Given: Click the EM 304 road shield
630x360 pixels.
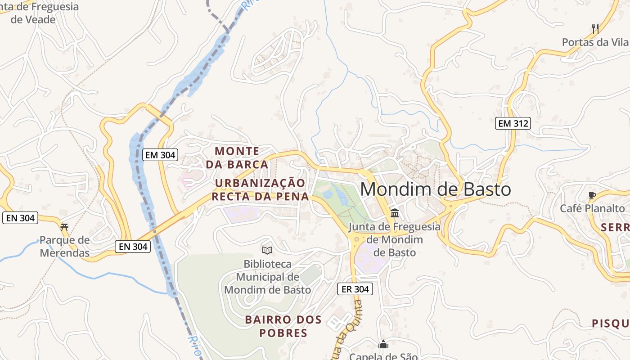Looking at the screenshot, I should (161, 155).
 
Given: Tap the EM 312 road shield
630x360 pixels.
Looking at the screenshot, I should (513, 123).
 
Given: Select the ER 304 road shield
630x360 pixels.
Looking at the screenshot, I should (355, 289).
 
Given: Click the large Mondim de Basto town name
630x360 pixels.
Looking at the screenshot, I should (435, 189).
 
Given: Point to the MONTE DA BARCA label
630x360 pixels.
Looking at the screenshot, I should (237, 157).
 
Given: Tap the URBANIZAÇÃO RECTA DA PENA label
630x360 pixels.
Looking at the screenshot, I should (260, 189).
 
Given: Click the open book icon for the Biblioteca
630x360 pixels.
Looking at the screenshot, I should (267, 250).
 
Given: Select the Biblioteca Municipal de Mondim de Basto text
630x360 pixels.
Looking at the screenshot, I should (267, 277).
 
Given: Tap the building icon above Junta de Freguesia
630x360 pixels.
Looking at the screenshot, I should (395, 213).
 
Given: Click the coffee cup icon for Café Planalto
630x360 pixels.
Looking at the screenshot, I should (592, 195).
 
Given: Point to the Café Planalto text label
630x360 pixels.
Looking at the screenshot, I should (592, 208).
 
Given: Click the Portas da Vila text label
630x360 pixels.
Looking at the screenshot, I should (595, 42).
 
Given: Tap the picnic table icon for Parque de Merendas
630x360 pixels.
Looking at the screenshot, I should (64, 227).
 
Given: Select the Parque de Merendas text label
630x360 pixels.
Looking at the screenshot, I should (64, 246).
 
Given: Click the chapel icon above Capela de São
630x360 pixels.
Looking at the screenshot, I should (383, 345).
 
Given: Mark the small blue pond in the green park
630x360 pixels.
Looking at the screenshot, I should (328, 194).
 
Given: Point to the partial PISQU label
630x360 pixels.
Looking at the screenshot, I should (610, 323).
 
